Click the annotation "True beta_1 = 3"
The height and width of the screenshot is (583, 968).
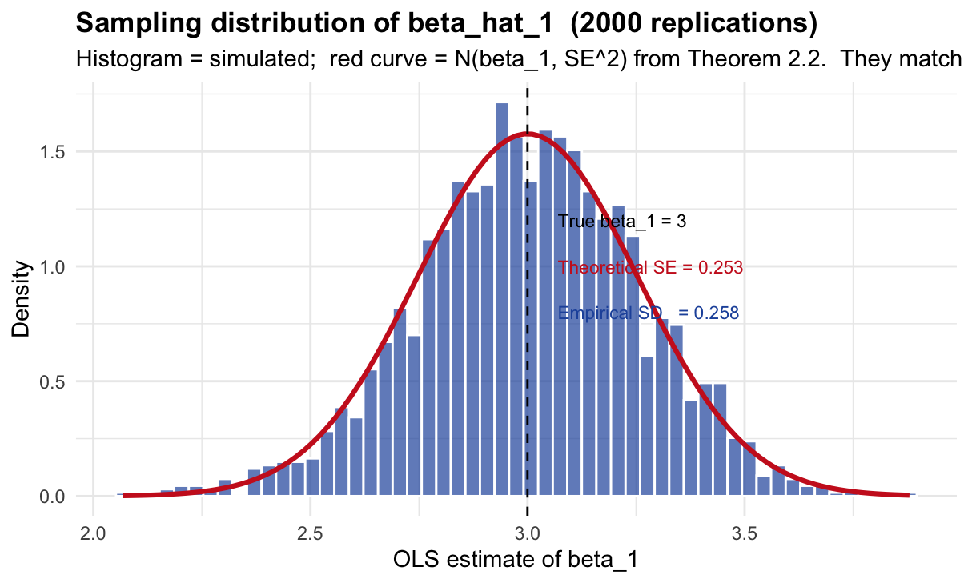(x=622, y=222)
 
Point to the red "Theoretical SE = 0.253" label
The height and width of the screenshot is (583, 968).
(x=651, y=268)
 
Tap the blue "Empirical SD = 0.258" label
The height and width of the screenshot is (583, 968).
(x=648, y=314)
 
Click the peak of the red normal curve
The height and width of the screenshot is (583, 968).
(x=527, y=134)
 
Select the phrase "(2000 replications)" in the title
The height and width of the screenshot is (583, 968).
(x=689, y=24)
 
